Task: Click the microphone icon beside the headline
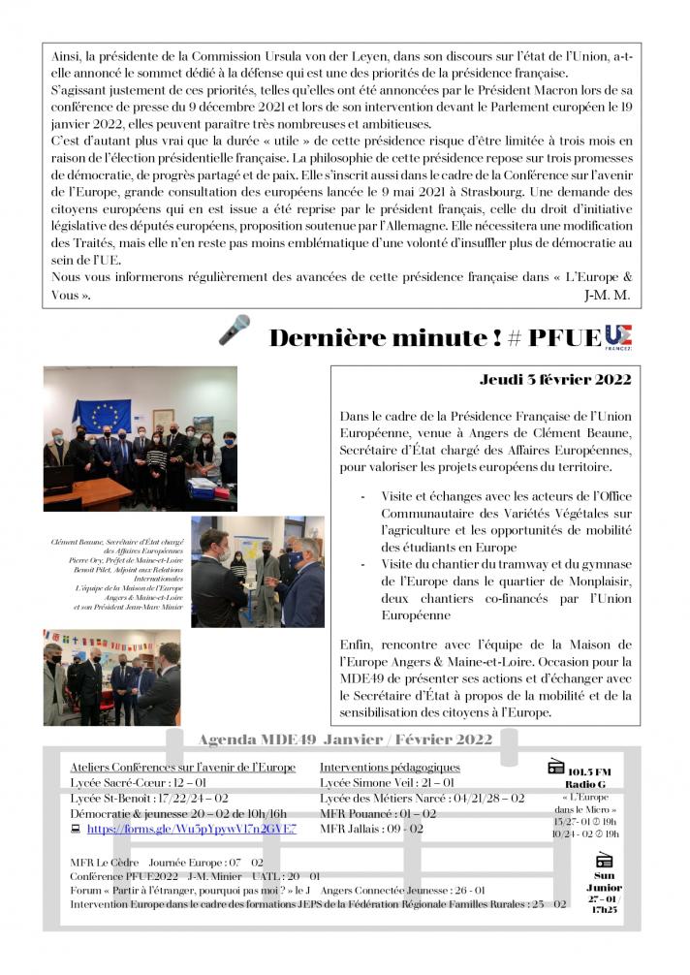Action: coord(234,330)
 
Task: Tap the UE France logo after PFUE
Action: coord(617,336)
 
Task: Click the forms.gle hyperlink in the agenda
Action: coord(191,829)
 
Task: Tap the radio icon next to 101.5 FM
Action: coord(556,766)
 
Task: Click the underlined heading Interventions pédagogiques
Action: coord(390,768)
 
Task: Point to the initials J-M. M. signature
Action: coord(609,294)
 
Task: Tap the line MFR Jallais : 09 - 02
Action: coord(371,829)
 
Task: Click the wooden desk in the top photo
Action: coord(92,491)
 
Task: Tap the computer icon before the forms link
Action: coord(76,830)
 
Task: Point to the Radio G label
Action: coord(584,784)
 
